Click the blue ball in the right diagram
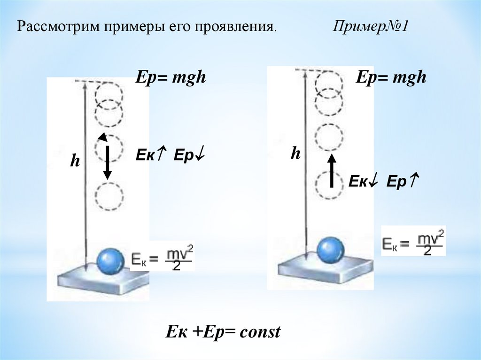(x=330, y=250)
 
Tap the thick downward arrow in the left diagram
(x=108, y=162)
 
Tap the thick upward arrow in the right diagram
(x=332, y=171)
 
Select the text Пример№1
(x=370, y=27)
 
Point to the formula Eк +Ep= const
(x=223, y=332)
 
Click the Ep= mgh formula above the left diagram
(x=171, y=77)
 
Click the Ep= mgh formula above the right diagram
(x=391, y=77)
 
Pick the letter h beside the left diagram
(x=75, y=161)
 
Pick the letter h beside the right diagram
(x=295, y=153)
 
